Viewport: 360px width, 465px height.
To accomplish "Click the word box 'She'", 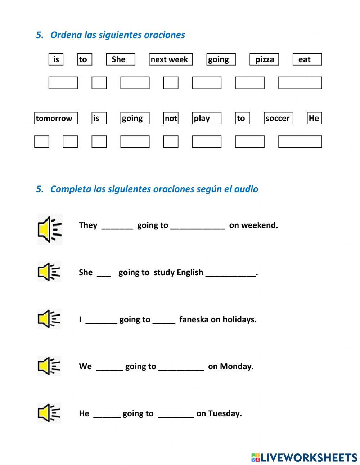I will click(120, 59).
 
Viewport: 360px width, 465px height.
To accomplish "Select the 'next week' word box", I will click(171, 59).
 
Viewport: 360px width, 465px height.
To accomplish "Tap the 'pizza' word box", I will click(264, 59).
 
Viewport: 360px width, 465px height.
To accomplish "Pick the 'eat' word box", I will click(307, 59).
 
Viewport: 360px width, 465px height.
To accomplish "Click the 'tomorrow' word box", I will click(56, 118).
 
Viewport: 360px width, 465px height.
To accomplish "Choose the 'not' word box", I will click(171, 118).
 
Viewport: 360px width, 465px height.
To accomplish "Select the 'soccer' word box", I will click(278, 118).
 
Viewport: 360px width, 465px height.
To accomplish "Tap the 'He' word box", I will click(314, 118).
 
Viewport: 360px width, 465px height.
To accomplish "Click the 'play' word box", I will click(206, 118).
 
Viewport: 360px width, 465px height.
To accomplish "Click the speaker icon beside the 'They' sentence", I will click(50, 229).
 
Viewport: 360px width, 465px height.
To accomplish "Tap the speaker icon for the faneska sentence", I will click(49, 319).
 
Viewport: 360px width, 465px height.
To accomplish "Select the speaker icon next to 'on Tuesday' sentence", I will click(49, 413).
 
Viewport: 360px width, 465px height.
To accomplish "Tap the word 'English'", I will click(190, 272).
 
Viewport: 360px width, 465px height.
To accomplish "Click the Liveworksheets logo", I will click(304, 457).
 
